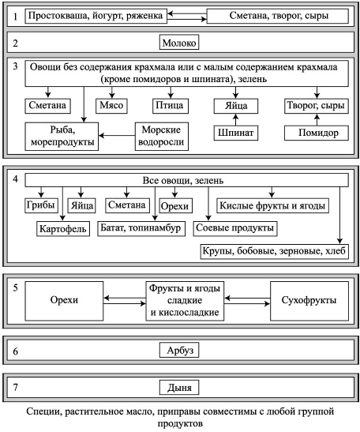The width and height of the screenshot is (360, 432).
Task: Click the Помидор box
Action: coord(317,133)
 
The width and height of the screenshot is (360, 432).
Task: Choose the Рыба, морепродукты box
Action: coord(59,136)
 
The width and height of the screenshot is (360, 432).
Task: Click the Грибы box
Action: coord(39,205)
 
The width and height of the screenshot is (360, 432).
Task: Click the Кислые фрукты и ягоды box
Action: coord(272,205)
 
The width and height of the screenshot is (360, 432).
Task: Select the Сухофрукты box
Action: coord(302,300)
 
